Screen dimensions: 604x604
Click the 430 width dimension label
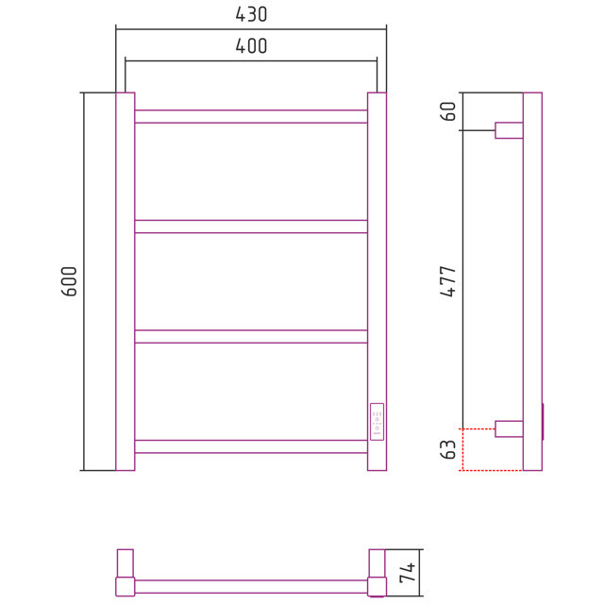pos(251,15)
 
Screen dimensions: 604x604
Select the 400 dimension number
pos(251,46)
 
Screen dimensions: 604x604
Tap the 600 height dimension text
pos(69,281)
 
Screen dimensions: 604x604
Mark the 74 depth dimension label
pos(408,573)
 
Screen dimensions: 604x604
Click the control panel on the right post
pos(377,422)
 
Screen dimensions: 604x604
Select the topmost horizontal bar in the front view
pos(251,116)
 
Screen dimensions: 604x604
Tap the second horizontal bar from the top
pos(251,226)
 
